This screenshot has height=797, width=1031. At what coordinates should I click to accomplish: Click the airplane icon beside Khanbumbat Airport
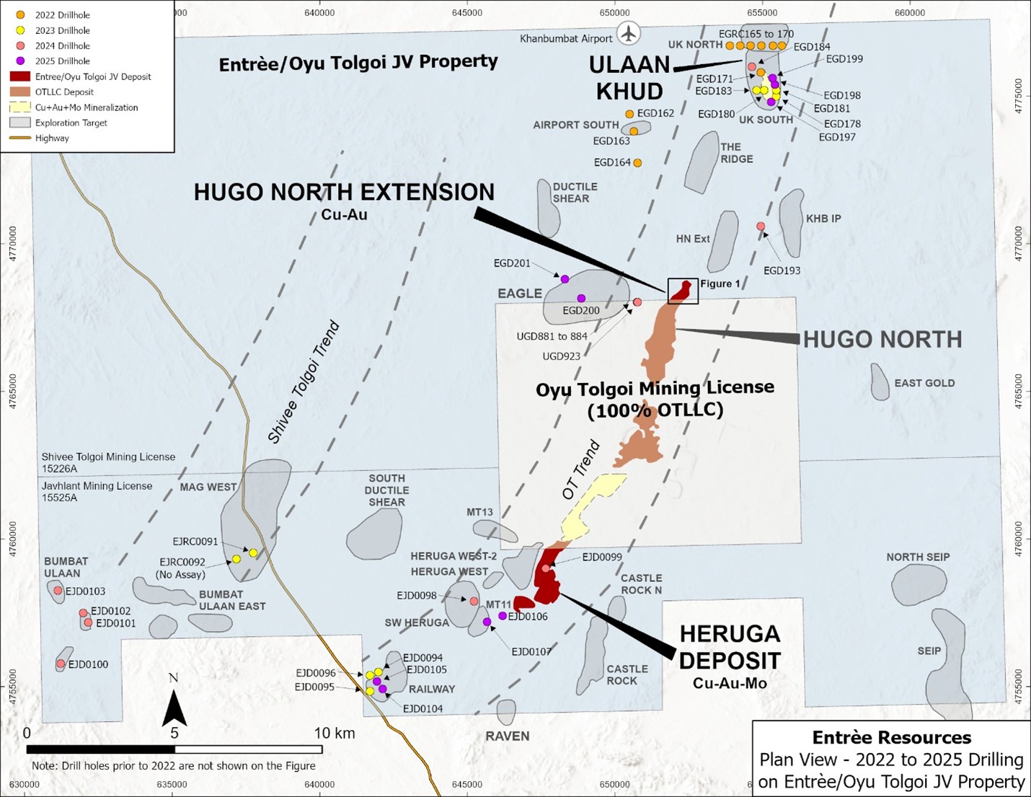click(x=629, y=33)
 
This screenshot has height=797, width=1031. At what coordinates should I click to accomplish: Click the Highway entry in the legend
click(x=52, y=138)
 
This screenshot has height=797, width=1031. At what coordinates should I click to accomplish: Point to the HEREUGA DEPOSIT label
click(x=730, y=647)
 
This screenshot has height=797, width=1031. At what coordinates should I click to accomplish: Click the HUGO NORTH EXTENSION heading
click(x=344, y=193)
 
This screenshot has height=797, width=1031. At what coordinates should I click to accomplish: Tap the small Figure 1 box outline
click(x=683, y=291)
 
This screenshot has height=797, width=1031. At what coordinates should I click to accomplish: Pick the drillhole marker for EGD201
click(x=565, y=279)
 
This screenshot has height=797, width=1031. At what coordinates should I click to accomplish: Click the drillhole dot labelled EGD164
click(x=637, y=163)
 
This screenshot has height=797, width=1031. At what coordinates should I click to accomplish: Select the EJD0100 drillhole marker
click(x=61, y=664)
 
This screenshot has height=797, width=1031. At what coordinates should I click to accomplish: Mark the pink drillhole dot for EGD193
click(x=761, y=226)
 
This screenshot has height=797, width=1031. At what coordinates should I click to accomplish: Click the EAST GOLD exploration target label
click(x=924, y=383)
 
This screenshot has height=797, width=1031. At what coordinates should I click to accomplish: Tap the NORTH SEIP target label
click(x=918, y=557)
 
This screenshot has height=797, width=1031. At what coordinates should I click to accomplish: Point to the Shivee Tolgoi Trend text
click(x=303, y=382)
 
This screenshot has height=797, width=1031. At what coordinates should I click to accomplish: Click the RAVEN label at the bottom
click(x=507, y=736)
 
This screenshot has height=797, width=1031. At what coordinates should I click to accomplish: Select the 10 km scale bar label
click(x=335, y=733)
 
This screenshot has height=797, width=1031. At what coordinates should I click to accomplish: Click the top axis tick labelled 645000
click(x=467, y=12)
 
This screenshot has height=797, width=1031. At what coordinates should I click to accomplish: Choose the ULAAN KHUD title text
click(x=629, y=78)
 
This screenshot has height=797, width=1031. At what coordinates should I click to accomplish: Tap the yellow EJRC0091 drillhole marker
click(x=253, y=553)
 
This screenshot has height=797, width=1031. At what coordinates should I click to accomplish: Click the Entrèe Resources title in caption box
click(x=891, y=737)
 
